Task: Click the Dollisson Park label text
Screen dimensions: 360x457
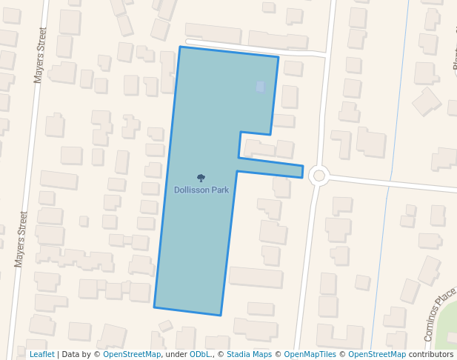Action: pos(201,190)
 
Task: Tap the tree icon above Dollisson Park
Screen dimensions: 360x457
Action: pos(201,178)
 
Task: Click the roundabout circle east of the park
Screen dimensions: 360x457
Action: pos(319,176)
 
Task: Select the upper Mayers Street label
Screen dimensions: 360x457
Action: pos(41,56)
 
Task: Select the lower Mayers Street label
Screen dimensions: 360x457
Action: pos(21,239)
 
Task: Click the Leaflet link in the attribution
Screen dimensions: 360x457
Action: pos(41,354)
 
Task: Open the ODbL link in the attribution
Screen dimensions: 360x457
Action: pos(200,354)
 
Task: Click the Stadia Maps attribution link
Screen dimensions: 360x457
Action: pos(249,354)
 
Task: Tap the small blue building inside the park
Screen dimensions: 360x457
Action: pos(260,87)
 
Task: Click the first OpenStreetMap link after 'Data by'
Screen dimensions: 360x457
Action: pos(132,354)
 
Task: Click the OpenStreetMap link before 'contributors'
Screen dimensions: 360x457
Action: pos(377,354)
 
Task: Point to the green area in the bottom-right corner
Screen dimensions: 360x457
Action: pos(447,337)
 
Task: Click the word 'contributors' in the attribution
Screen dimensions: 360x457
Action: pos(431,354)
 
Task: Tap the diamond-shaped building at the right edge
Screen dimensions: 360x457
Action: pos(427,101)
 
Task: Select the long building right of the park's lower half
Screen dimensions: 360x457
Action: pos(256,277)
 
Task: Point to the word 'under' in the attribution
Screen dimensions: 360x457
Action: pos(176,354)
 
